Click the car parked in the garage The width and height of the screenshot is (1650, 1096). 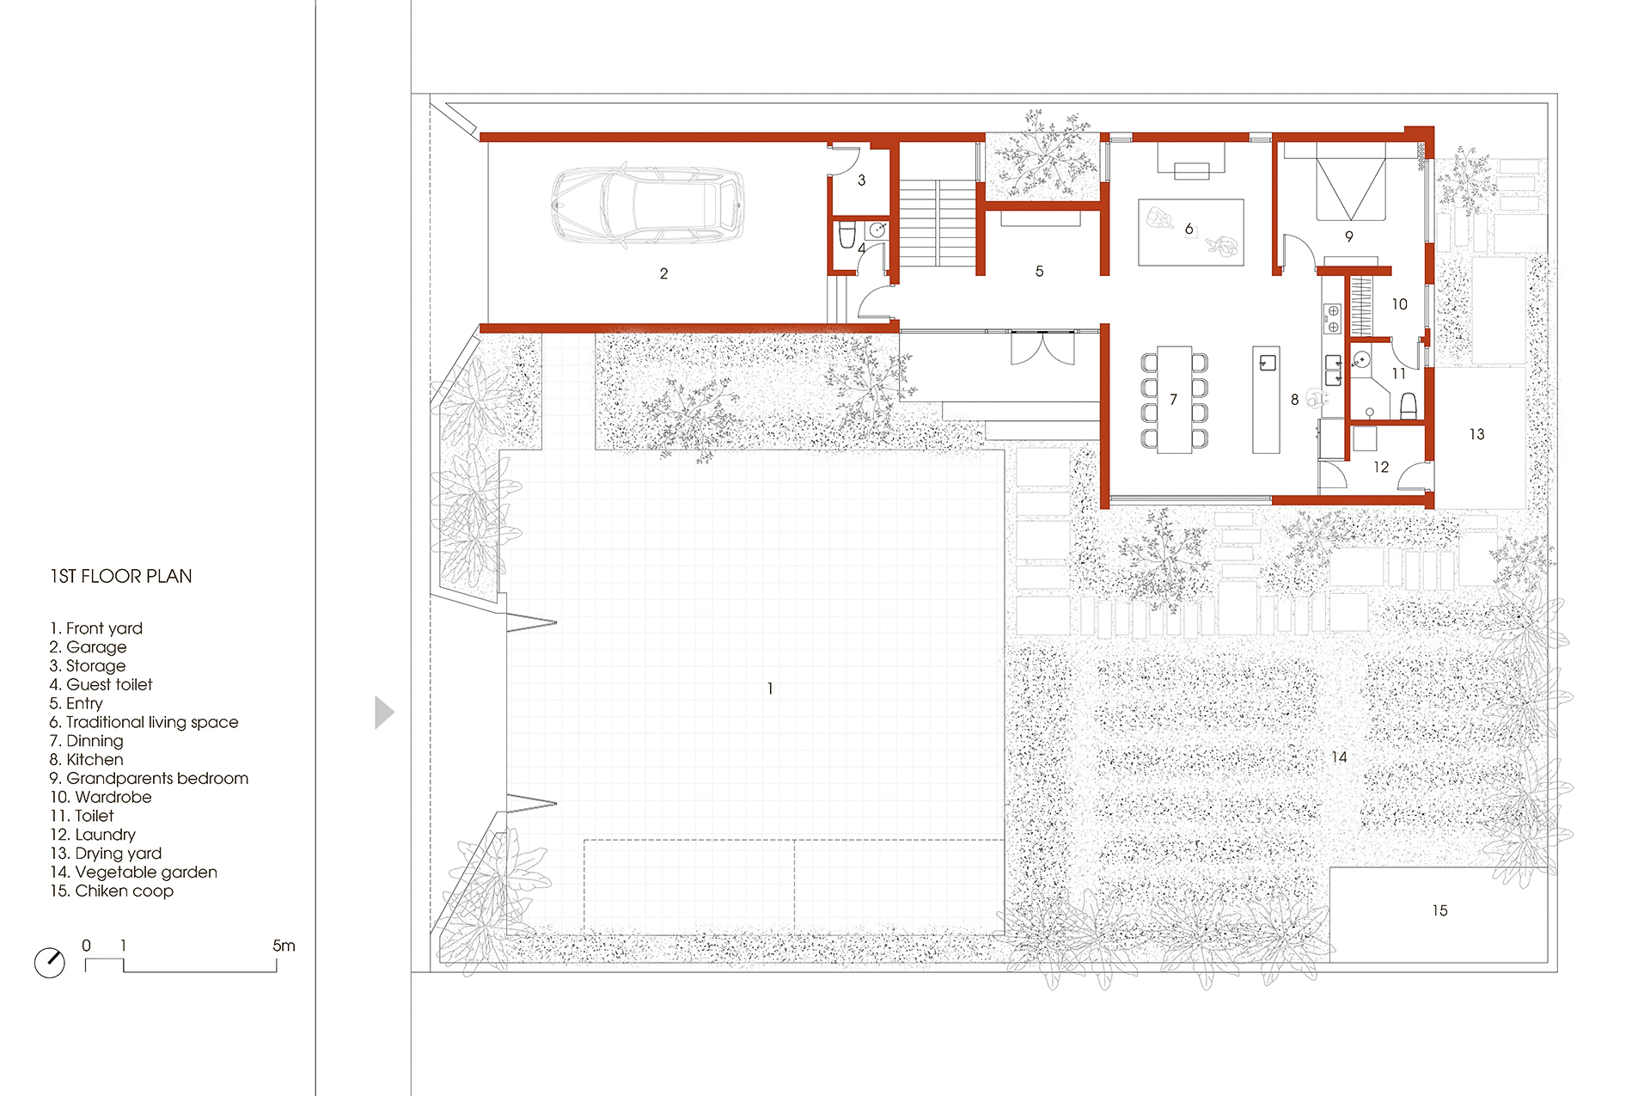648,205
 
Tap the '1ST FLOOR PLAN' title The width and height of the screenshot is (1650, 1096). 121,576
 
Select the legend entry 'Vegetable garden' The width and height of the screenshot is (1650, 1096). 133,872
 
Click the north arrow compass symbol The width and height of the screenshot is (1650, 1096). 50,962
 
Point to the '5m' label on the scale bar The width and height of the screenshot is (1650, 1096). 284,946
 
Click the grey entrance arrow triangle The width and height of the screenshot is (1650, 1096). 384,713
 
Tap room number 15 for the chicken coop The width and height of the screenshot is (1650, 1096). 1439,910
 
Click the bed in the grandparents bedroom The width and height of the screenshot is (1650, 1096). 1351,183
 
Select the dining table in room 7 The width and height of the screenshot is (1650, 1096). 1174,400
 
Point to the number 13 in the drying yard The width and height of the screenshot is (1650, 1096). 1476,434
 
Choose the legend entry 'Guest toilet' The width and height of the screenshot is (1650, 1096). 101,684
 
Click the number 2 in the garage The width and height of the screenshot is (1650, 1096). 663,273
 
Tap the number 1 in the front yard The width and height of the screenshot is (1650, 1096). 770,689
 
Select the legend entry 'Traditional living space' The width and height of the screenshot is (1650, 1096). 144,722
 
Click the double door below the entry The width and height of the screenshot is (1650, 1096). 1042,348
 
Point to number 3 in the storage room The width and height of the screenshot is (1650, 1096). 861,181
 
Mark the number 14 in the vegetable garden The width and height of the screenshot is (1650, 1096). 1339,757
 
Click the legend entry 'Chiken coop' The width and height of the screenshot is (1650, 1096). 112,891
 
